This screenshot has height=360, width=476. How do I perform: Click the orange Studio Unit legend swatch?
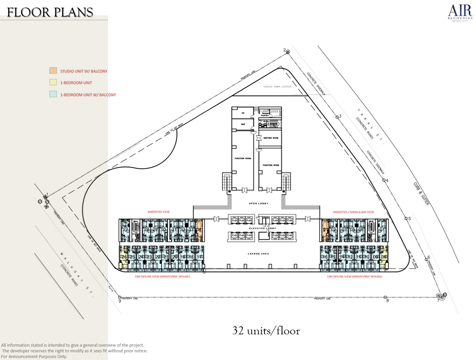coord(53,71)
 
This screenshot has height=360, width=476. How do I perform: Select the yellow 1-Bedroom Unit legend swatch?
coord(53,82)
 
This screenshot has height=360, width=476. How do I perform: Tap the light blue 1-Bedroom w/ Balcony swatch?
coord(53,94)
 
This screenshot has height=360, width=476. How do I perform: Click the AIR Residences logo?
coord(460,13)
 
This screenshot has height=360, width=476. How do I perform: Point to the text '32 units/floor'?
coord(266,331)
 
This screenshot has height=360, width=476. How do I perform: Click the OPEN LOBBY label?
coord(258,203)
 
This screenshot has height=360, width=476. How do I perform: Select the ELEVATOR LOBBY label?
coord(262,228)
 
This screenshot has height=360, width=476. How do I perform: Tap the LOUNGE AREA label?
coord(258,254)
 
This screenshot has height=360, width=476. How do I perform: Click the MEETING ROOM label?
coord(271,138)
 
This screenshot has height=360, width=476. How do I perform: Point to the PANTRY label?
coord(265,116)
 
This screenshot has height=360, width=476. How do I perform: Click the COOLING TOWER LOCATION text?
coord(277,87)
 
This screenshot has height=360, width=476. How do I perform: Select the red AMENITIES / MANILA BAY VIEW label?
coord(353,212)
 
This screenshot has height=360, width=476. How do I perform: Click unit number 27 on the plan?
coord(125,230)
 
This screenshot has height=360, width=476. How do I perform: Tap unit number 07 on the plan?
coord(382,230)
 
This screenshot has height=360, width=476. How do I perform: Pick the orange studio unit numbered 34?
coord(199,230)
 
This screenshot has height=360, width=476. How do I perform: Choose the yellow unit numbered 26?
coord(124,257)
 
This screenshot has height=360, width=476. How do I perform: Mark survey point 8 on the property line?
coord(385,297)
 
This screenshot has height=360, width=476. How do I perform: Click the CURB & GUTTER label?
coord(421,194)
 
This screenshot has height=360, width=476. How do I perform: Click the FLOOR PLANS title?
coord(50,13)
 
